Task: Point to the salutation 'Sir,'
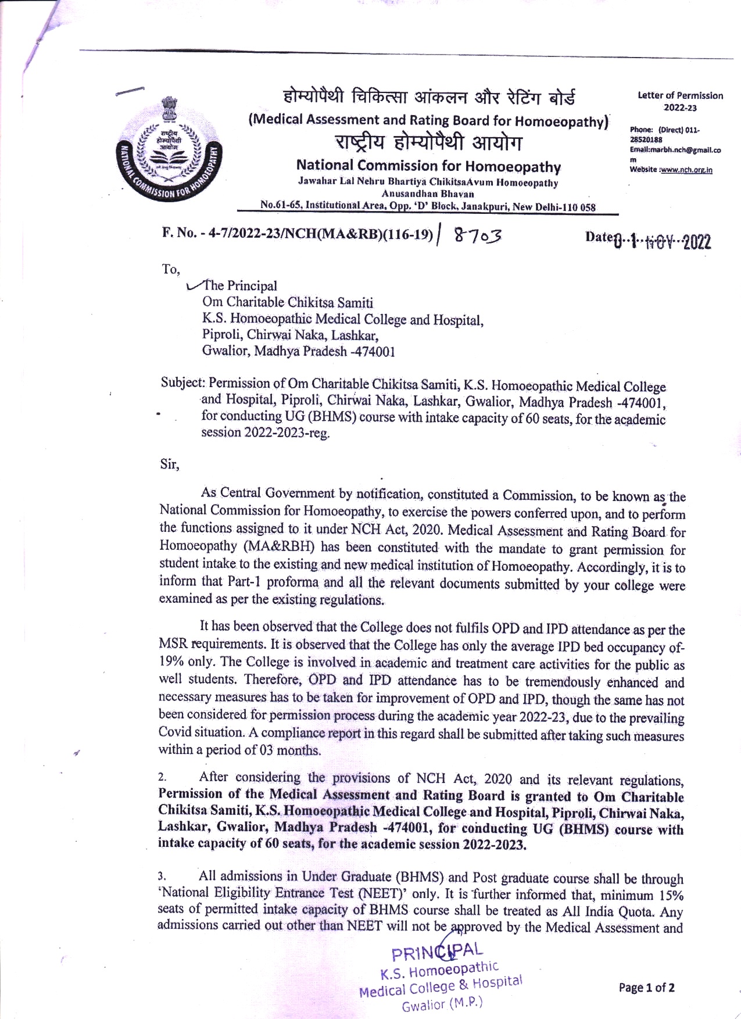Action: [x=170, y=464]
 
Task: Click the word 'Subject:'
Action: [x=182, y=384]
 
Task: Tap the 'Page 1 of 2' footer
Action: [x=646, y=988]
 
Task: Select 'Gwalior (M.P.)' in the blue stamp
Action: [x=442, y=1004]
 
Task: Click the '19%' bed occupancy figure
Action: [x=171, y=662]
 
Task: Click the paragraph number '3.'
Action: [x=162, y=876]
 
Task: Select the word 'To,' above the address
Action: [x=171, y=269]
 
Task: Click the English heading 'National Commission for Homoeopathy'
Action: [x=428, y=167]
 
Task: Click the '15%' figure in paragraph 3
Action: [x=671, y=895]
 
